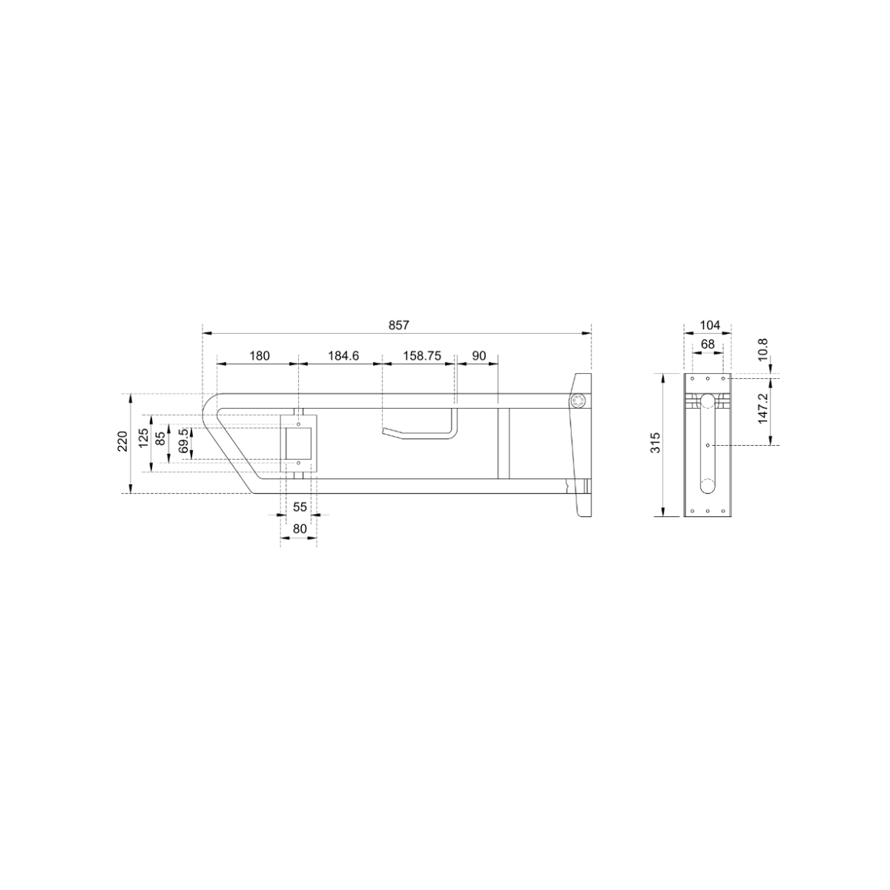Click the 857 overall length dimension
point(398,325)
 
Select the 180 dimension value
point(259,356)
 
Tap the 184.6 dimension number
point(343,356)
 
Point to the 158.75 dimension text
point(422,356)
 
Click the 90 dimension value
point(479,356)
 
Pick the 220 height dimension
point(123,441)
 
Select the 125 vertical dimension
point(144,438)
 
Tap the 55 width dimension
point(300,507)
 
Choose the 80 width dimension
point(300,529)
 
